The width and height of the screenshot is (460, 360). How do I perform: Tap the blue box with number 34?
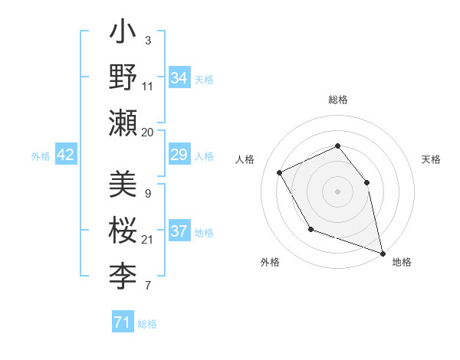point(179,77)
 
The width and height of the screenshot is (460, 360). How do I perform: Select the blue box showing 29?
point(179,155)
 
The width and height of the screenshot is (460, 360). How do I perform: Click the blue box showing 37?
point(179,232)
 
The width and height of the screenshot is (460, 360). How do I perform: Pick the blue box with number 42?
point(65,155)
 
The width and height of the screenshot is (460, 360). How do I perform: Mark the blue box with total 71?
point(122,322)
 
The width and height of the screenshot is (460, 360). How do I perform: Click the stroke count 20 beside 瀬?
point(148,132)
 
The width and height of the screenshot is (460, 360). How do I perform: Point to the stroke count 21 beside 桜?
point(148,240)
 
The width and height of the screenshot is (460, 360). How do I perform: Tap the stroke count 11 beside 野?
point(148,87)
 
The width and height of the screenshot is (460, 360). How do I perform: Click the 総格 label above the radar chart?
point(337,100)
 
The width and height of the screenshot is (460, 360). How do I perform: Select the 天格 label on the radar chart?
point(431,159)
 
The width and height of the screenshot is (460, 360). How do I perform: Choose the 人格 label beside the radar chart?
point(245,159)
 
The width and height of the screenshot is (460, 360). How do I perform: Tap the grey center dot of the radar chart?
point(337,191)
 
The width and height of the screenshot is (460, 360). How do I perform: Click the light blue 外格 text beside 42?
point(41,155)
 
